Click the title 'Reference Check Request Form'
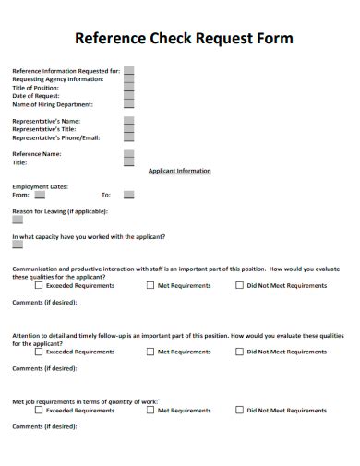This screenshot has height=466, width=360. tap(183, 39)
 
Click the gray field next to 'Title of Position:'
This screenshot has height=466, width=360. tap(128, 87)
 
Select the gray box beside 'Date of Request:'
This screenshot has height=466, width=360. tap(128, 95)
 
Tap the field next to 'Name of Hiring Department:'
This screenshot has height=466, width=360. tap(128, 104)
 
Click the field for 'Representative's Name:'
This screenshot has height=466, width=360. tap(128, 121)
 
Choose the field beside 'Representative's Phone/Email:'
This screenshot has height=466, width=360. tap(128, 137)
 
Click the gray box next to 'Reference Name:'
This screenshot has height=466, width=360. tap(128, 154)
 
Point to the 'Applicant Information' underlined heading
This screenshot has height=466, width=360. tap(179, 171)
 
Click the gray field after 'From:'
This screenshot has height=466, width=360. tap(40, 195)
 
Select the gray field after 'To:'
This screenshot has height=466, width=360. tap(128, 195)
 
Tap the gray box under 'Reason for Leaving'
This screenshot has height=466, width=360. tap(18, 220)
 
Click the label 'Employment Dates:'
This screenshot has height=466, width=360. tap(40, 186)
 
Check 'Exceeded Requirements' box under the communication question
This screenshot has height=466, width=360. tap(39, 286)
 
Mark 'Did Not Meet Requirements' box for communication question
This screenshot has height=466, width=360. tap(240, 286)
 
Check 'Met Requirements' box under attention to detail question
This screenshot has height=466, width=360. tap(150, 352)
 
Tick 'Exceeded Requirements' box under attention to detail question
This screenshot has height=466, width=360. tap(39, 352)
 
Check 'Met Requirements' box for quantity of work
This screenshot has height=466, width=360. tap(150, 410)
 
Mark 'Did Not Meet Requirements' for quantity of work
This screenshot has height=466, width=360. tap(240, 410)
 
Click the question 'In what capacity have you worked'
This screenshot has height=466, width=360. tap(89, 236)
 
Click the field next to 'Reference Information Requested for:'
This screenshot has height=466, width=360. tap(128, 70)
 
